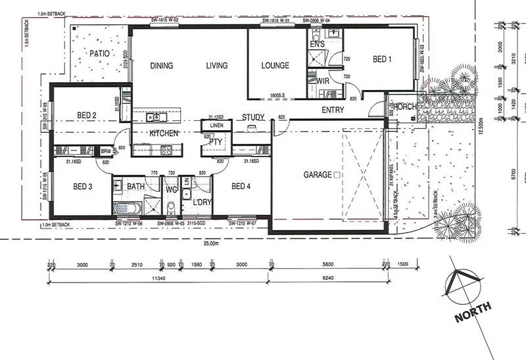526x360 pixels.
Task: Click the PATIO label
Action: pyautogui.click(x=101, y=53)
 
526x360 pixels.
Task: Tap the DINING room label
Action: pyautogui.click(x=161, y=66)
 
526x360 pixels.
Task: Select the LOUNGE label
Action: pyautogui.click(x=275, y=66)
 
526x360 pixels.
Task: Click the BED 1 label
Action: pyautogui.click(x=382, y=59)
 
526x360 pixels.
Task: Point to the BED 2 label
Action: pyautogui.click(x=87, y=116)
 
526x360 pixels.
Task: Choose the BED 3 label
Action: pyautogui.click(x=82, y=187)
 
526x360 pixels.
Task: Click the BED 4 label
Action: pyautogui.click(x=242, y=187)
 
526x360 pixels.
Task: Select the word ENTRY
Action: pyautogui.click(x=333, y=110)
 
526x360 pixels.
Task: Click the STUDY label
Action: pyautogui.click(x=253, y=118)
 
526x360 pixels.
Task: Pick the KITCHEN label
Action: pyautogui.click(x=164, y=133)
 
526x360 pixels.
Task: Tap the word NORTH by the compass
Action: pyautogui.click(x=471, y=312)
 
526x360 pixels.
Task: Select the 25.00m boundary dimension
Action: pyautogui.click(x=210, y=244)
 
